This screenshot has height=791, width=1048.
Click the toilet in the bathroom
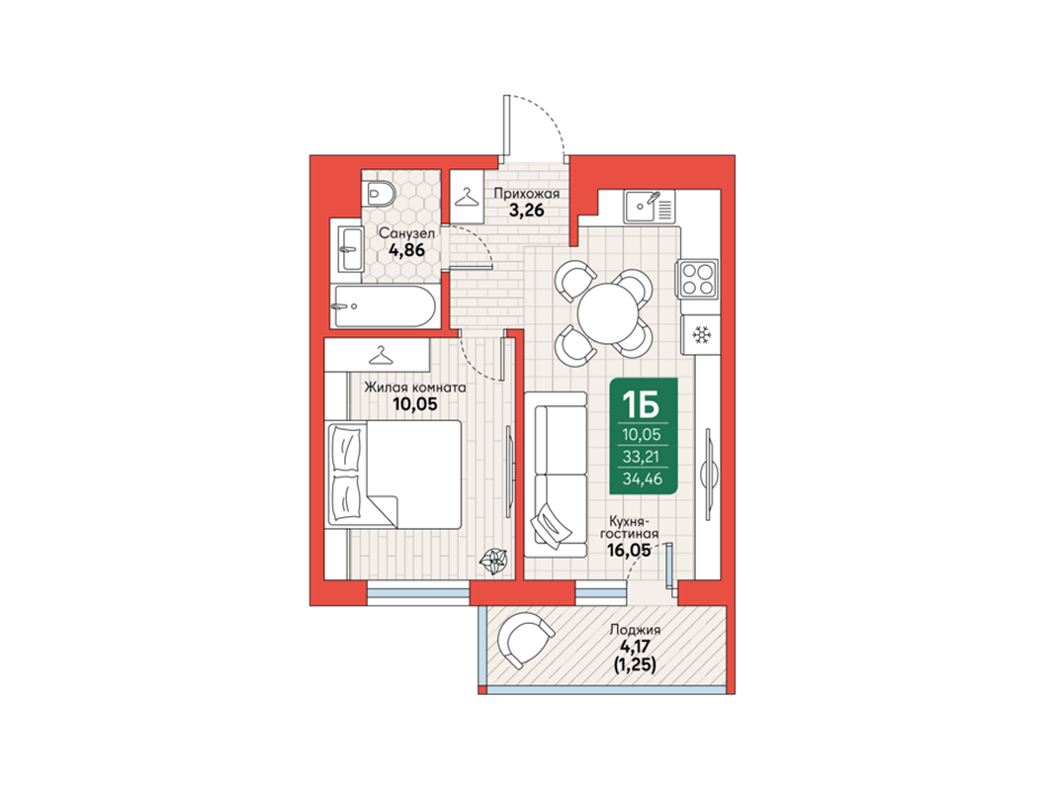coord(381,193)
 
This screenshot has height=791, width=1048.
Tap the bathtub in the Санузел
coord(385,307)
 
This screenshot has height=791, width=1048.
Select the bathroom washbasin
coord(350,249)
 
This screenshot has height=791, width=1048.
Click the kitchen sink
coord(650,206)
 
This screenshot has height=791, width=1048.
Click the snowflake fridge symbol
coord(701,334)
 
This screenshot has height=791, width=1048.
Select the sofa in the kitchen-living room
coord(556,475)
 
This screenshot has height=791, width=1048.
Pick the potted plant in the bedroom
coord(494,561)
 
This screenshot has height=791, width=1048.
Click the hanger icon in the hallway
coord(468,197)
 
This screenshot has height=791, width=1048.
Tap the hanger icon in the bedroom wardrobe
coord(381,355)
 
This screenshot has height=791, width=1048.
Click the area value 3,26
coord(527,210)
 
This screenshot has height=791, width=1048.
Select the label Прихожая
coord(527,194)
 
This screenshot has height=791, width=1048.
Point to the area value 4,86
coord(406,250)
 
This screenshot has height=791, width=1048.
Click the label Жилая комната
coord(415,388)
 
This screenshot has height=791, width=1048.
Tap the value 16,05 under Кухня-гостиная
coord(628,550)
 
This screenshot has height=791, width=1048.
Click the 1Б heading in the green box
coord(641,404)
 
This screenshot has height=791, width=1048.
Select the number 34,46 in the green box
coord(643,479)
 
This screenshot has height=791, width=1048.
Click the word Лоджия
coord(635,630)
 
